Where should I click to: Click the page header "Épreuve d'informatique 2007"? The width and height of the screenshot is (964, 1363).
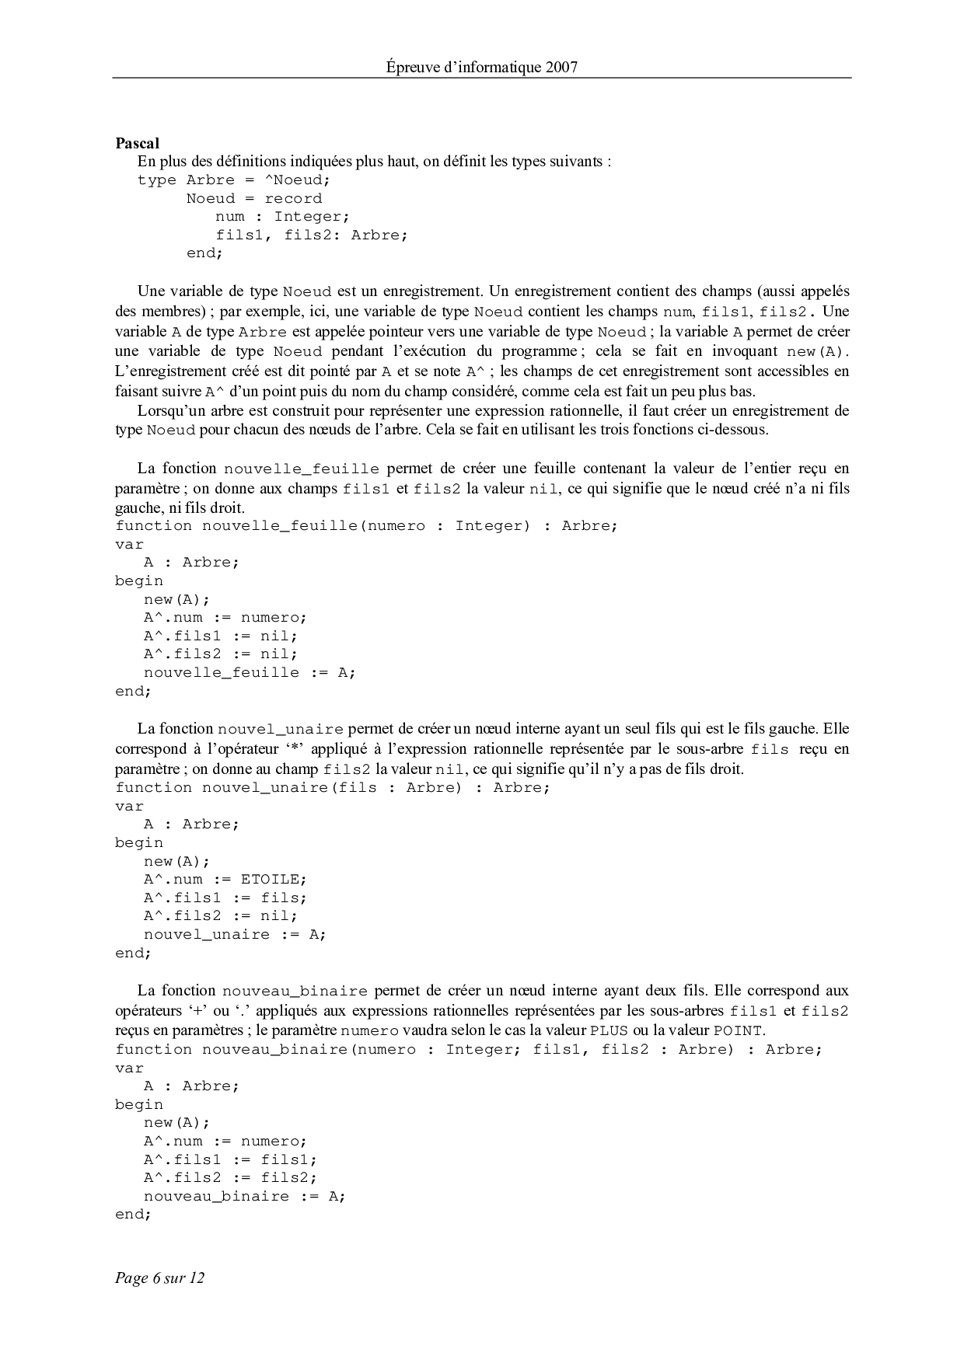coord(481,67)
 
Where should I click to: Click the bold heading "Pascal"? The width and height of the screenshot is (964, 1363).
coord(137,143)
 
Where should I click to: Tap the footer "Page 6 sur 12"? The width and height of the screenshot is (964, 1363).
coord(159,1278)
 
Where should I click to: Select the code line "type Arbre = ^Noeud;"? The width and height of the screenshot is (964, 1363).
coord(234,180)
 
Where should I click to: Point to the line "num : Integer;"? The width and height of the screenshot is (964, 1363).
coord(282,217)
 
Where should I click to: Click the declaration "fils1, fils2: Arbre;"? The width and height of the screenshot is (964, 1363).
coord(311,235)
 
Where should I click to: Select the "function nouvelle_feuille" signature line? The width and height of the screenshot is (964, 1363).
coord(366,526)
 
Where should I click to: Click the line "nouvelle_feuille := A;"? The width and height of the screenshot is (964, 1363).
coord(249,673)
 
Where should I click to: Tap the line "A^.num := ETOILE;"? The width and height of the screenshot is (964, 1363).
coord(225,880)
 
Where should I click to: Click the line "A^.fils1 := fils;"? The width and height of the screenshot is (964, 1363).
coord(225,898)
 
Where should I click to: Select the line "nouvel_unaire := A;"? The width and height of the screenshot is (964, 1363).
coord(235,935)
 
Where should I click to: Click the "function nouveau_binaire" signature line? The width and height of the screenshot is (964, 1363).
coord(468,1050)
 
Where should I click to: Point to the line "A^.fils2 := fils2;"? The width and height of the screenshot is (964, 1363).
coord(230,1178)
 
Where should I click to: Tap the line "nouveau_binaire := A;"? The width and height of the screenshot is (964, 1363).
coord(244,1197)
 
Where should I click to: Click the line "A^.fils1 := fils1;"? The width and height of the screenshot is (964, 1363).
coord(230,1160)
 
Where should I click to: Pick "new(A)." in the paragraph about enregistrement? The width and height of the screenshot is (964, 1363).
coord(819,351)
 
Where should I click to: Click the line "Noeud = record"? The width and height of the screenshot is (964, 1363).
coord(253,199)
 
